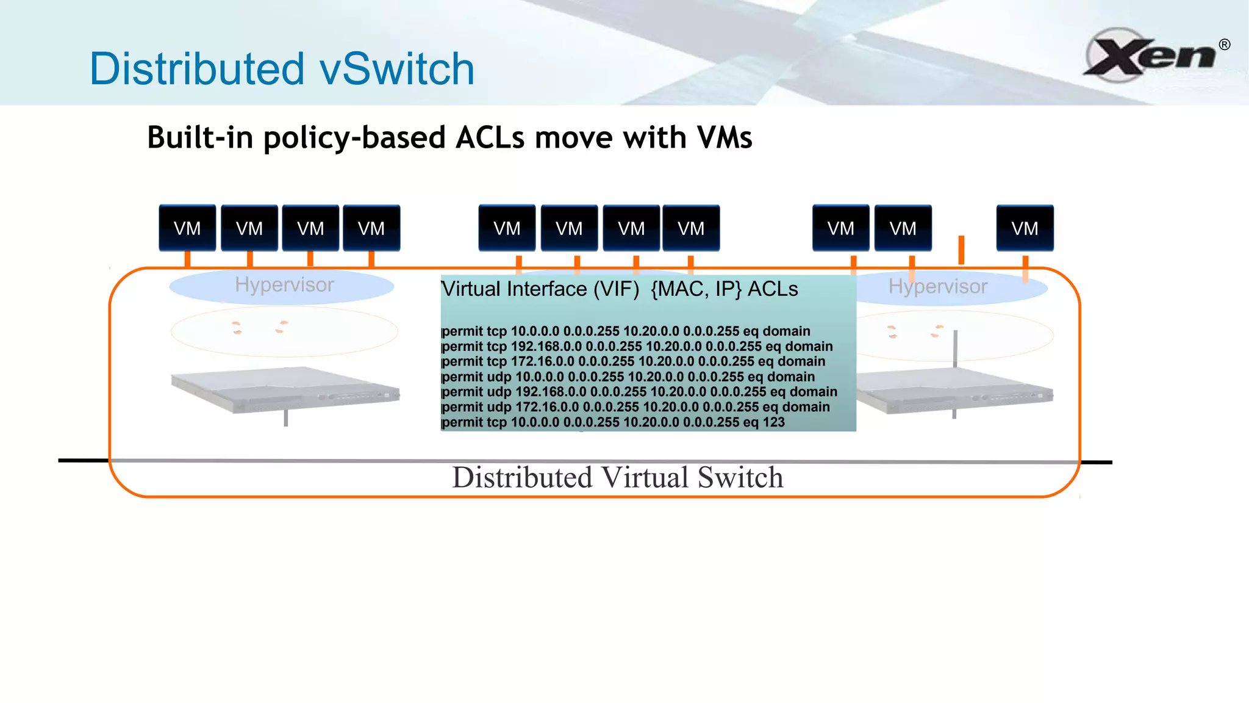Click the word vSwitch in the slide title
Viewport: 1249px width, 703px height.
[397, 69]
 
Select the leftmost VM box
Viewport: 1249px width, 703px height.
[187, 228]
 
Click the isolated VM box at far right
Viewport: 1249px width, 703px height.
[1025, 228]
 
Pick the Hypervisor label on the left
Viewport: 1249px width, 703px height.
[284, 285]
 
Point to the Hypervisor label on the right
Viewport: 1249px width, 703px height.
[937, 287]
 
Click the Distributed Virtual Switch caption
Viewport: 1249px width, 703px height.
[617, 478]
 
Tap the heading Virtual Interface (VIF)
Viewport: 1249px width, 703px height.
[540, 289]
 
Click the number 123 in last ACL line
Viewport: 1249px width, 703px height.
[773, 422]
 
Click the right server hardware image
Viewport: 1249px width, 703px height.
[954, 391]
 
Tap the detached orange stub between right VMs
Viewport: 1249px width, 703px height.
[961, 250]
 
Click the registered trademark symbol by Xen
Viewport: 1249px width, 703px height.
[1224, 45]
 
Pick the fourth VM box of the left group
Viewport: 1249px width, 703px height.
[371, 228]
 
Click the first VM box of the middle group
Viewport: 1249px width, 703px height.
[507, 228]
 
